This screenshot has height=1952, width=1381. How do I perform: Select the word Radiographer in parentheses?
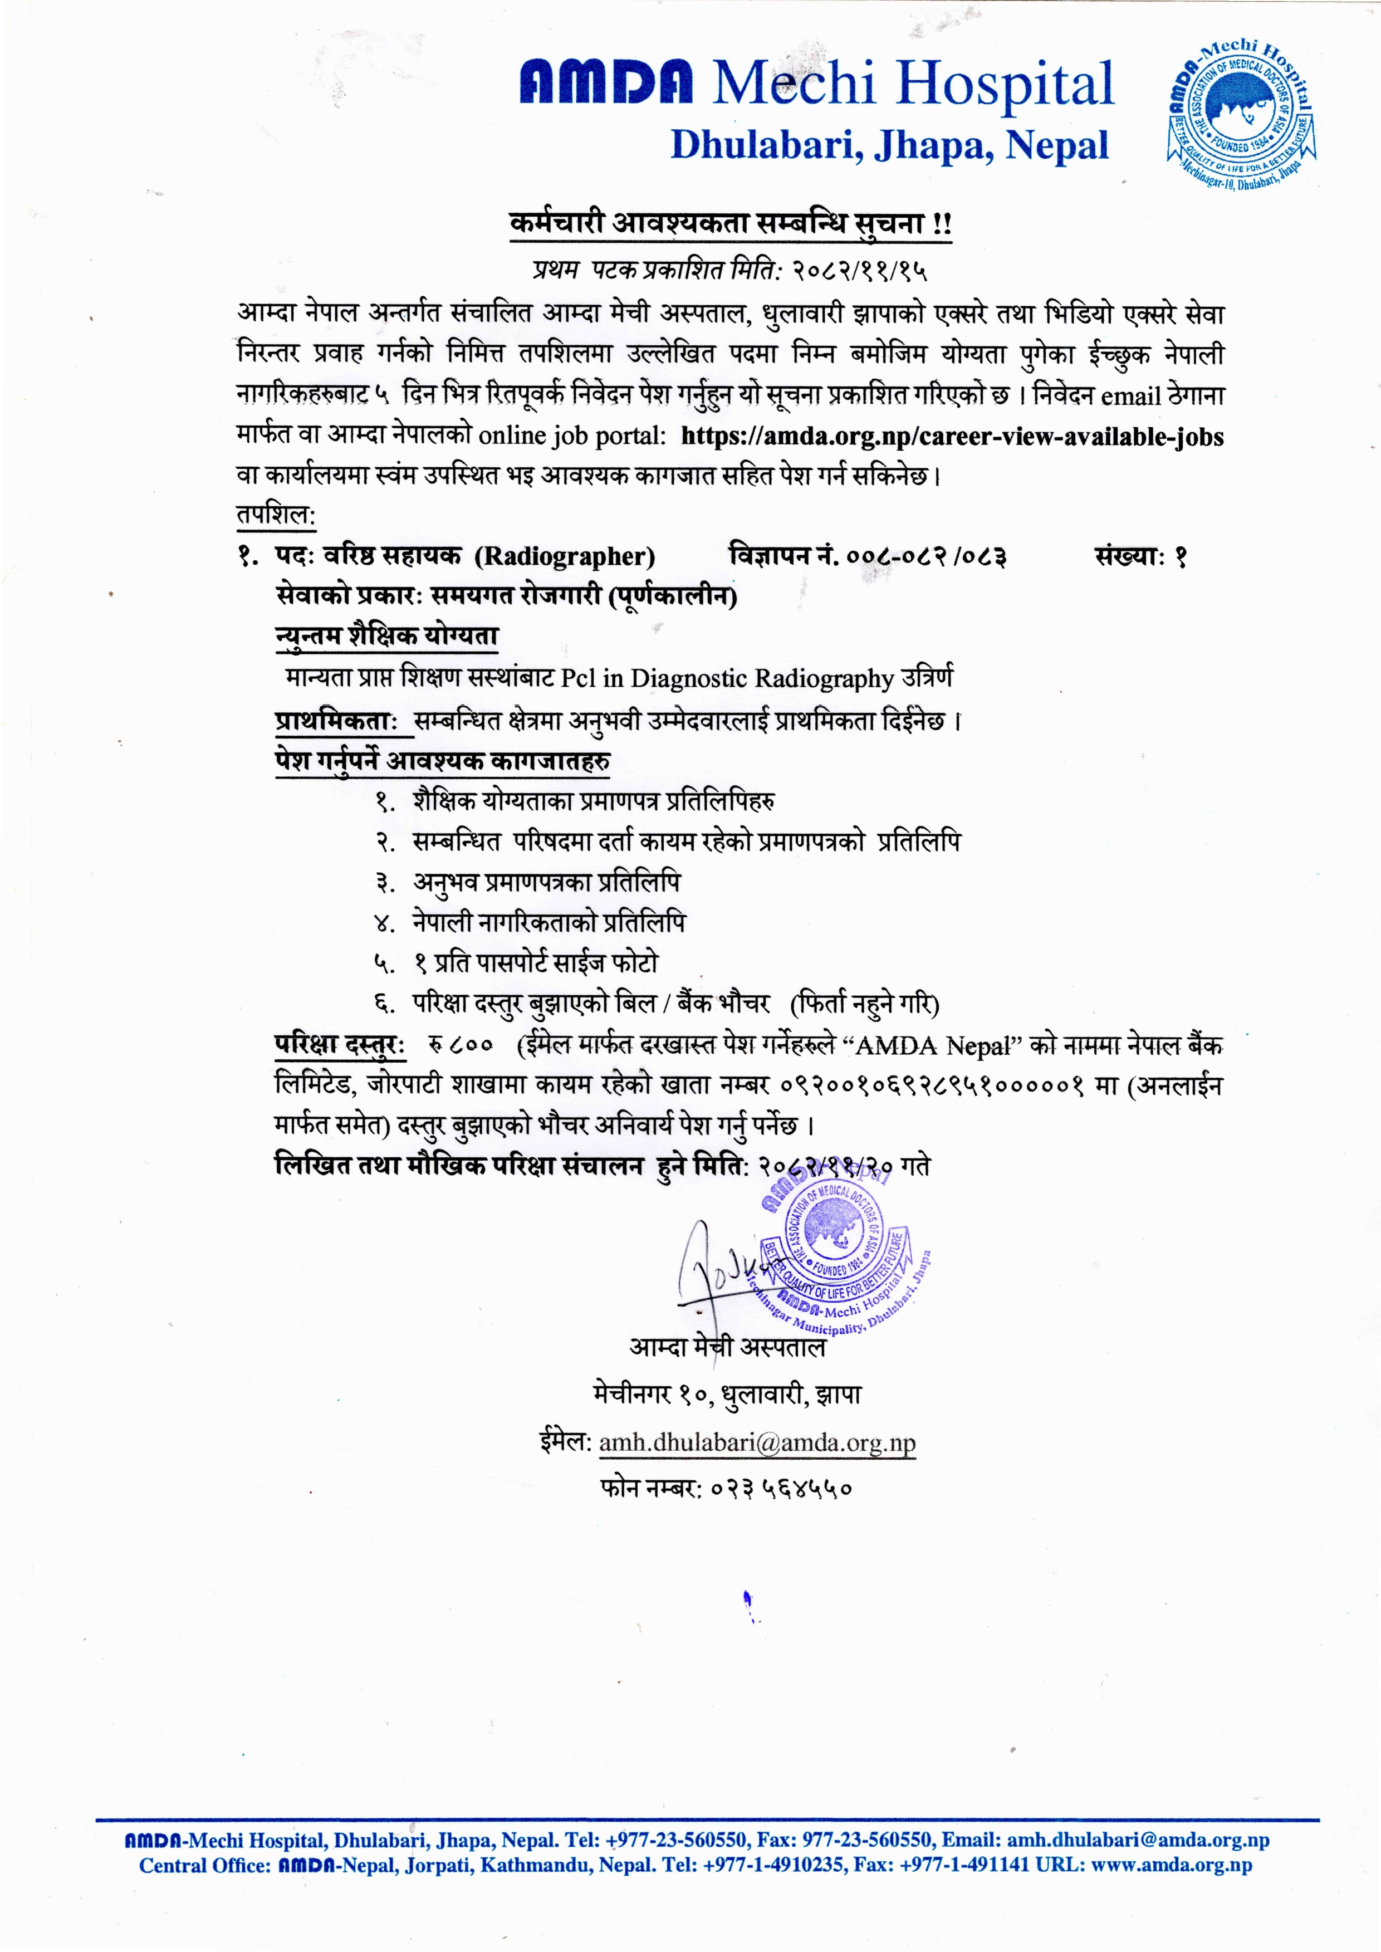pyautogui.click(x=565, y=557)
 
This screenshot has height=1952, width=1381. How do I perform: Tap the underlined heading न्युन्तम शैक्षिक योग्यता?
pyautogui.click(x=387, y=636)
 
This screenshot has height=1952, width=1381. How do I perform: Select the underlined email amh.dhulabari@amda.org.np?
pyautogui.click(x=757, y=1442)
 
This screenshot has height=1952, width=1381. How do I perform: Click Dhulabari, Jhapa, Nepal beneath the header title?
pyautogui.click(x=889, y=145)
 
